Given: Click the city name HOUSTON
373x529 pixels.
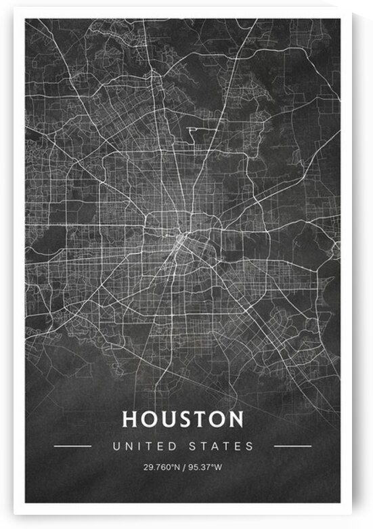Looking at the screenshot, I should pyautogui.click(x=182, y=419).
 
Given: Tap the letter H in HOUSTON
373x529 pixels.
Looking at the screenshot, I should pyautogui.click(x=129, y=419).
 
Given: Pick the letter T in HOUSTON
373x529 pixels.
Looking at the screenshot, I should pyautogui.click(x=198, y=419).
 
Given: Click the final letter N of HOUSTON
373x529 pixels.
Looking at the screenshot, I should pyautogui.click(x=235, y=419).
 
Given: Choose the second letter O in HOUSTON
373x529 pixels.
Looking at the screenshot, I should pyautogui.click(x=216, y=419).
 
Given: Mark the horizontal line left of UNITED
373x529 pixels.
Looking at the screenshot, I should pyautogui.click(x=72, y=446).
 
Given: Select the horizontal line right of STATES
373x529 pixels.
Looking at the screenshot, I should pyautogui.click(x=292, y=446).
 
